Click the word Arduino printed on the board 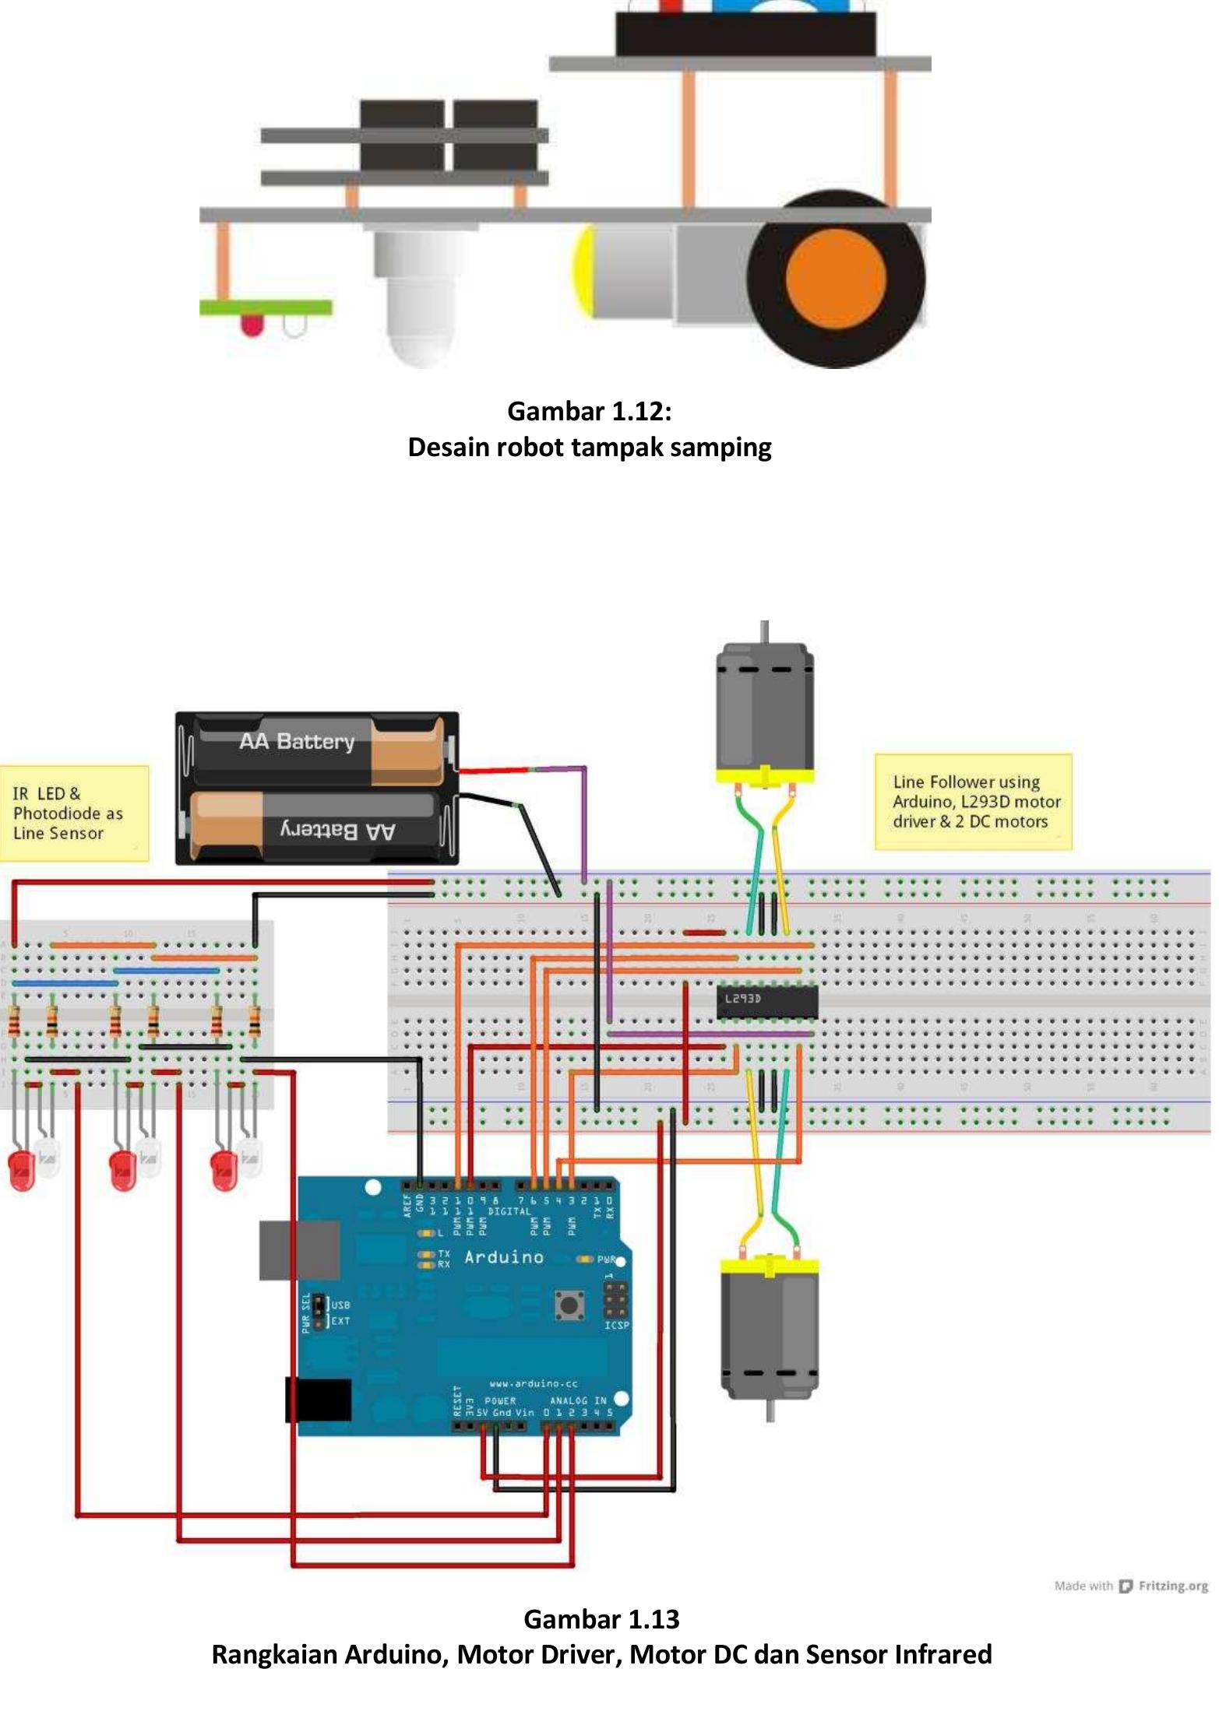(503, 1256)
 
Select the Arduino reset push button (569, 1305)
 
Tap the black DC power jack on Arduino (319, 1399)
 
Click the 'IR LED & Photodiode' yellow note (73, 813)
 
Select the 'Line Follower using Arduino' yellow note (973, 801)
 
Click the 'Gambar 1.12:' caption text (589, 411)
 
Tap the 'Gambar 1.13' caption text (601, 1618)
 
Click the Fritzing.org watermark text (1172, 1586)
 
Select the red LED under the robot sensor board (252, 325)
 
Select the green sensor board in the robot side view (266, 307)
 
